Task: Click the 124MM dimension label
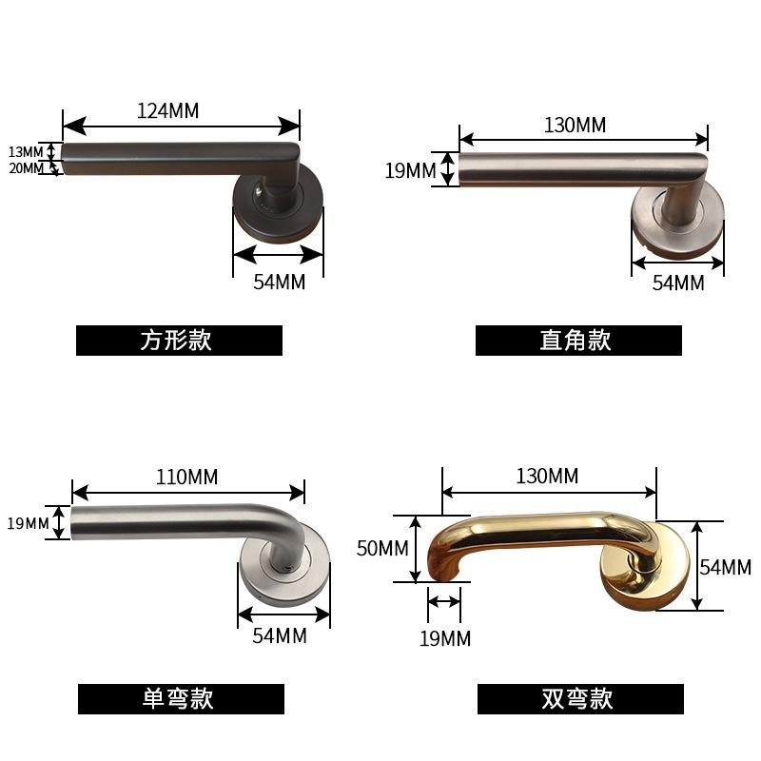[x=168, y=110]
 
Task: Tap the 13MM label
[x=26, y=152]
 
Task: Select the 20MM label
[x=26, y=168]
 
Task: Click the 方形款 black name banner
[x=179, y=341]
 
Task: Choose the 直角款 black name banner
[x=578, y=341]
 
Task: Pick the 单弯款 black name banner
[x=181, y=699]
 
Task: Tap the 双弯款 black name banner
[x=580, y=699]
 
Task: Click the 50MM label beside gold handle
[x=381, y=548]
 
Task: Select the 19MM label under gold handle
[x=444, y=638]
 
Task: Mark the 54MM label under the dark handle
[x=280, y=283]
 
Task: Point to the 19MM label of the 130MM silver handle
[x=410, y=170]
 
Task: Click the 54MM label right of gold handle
[x=726, y=568]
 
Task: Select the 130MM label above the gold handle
[x=547, y=477]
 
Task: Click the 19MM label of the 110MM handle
[x=28, y=523]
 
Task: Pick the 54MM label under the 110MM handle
[x=280, y=635]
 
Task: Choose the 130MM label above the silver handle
[x=575, y=125]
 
